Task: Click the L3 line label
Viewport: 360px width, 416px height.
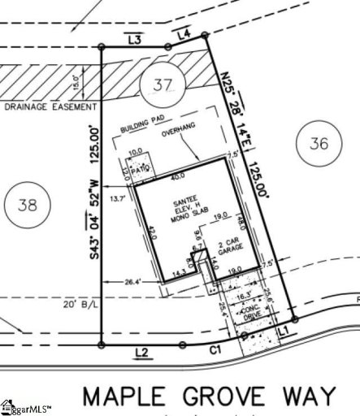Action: pos(135,38)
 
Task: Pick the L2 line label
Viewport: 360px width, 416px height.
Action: pos(141,352)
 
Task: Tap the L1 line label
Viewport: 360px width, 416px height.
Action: pos(284,331)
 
